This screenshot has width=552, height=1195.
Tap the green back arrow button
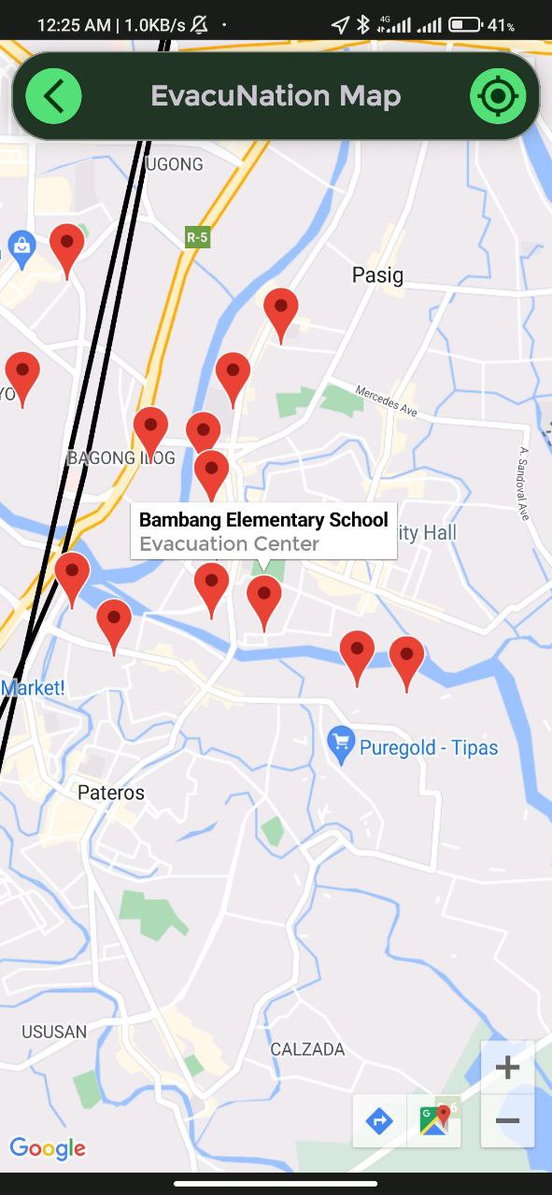click(x=53, y=96)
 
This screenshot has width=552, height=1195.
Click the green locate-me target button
click(x=498, y=96)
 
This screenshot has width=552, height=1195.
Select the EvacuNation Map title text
click(x=276, y=96)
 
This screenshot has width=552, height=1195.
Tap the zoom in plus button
click(x=507, y=1067)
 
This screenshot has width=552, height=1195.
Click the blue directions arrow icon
click(x=379, y=1120)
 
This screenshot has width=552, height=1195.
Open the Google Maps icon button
click(x=434, y=1120)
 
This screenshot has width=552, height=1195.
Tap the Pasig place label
click(x=377, y=274)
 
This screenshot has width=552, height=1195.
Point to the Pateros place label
click(x=111, y=793)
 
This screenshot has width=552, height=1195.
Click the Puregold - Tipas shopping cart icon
click(x=341, y=744)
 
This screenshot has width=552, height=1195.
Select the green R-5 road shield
click(x=196, y=237)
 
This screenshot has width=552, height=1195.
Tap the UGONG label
click(x=175, y=164)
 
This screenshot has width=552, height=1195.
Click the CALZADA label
click(x=307, y=1049)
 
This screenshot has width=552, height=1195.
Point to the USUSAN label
click(x=54, y=1032)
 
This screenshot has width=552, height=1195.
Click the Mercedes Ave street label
click(x=386, y=399)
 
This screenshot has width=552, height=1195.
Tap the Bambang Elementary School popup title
click(x=263, y=520)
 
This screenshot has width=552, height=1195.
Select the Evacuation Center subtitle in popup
click(x=229, y=543)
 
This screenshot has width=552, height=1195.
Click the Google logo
click(x=47, y=1147)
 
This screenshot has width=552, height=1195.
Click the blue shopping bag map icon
click(x=20, y=246)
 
